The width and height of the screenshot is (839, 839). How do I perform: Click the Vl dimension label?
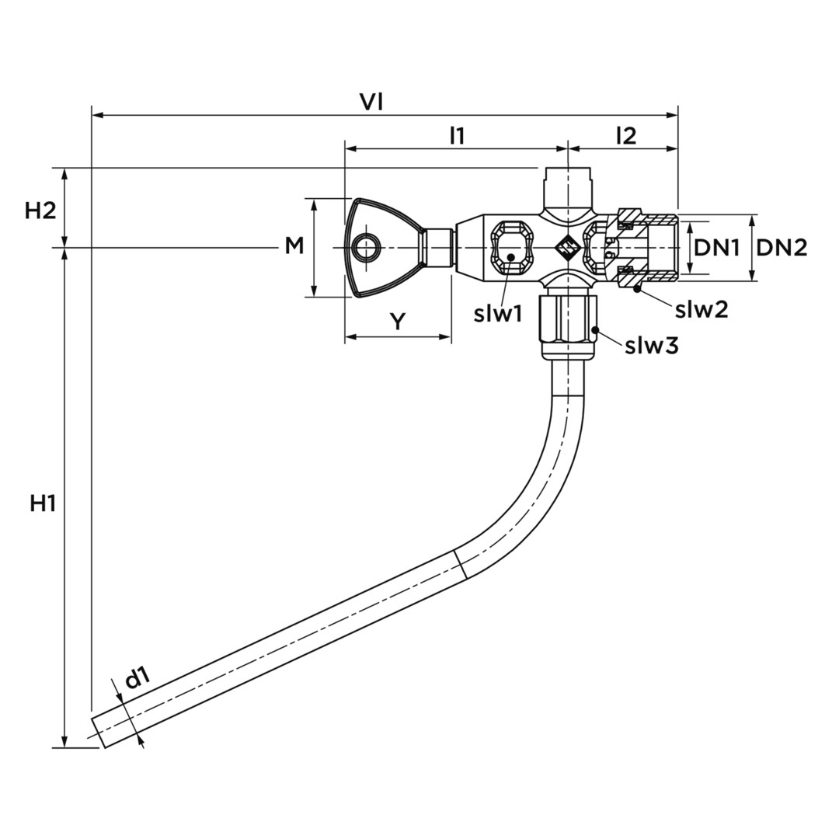(x=371, y=102)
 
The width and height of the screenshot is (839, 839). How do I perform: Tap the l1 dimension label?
(x=457, y=136)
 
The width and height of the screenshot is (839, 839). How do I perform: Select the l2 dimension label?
(x=626, y=136)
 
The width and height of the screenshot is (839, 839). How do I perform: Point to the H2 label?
(x=40, y=211)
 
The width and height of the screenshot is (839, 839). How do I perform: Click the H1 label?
(x=43, y=503)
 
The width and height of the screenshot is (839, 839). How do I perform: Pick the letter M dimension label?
(x=294, y=246)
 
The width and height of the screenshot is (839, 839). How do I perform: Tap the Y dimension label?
(x=398, y=322)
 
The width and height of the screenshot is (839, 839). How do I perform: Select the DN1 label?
(x=717, y=247)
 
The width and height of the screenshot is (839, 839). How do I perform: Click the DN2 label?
(x=782, y=247)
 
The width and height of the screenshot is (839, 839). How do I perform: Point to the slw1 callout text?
(x=498, y=314)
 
